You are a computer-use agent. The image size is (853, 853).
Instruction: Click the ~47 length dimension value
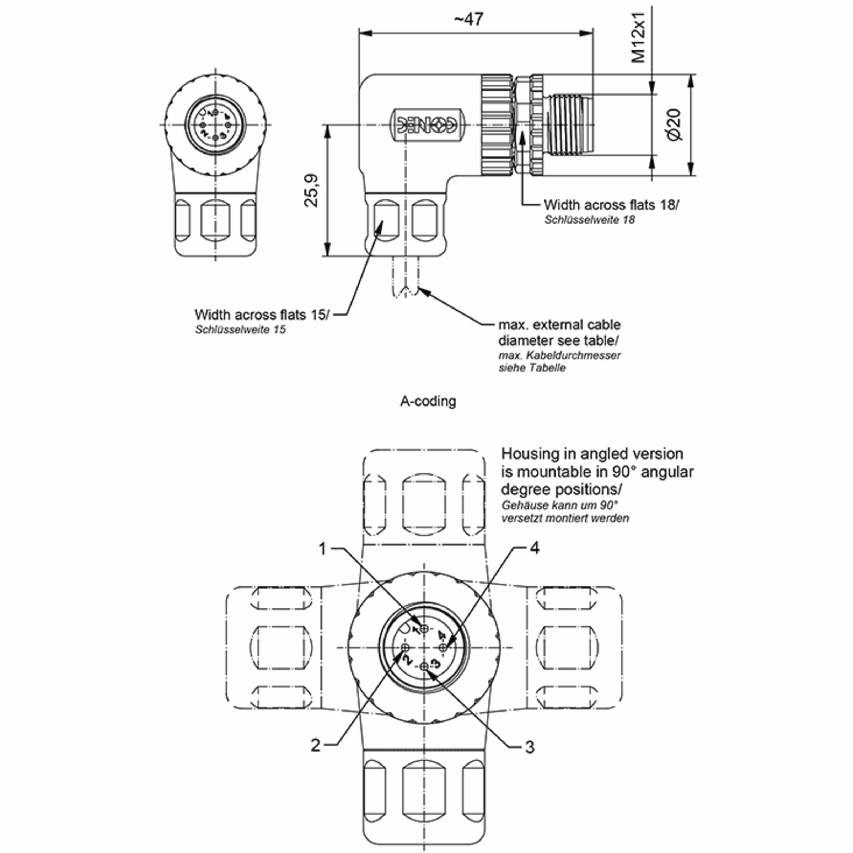pyautogui.click(x=468, y=20)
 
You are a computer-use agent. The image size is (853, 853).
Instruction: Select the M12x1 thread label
pyautogui.click(x=638, y=38)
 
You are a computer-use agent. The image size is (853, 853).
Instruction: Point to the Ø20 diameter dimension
pyautogui.click(x=674, y=125)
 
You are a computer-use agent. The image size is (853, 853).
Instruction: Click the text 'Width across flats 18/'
pyautogui.click(x=611, y=205)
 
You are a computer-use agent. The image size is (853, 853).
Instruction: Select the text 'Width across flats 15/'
pyautogui.click(x=262, y=315)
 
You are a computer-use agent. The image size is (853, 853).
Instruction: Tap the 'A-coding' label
pyautogui.click(x=428, y=401)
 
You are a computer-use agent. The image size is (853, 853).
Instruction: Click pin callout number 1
pyautogui.click(x=322, y=549)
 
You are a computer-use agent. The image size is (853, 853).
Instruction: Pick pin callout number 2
pyautogui.click(x=315, y=745)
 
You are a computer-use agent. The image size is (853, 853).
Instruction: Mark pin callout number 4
pyautogui.click(x=535, y=548)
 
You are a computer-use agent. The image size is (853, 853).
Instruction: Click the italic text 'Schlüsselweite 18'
pyautogui.click(x=589, y=220)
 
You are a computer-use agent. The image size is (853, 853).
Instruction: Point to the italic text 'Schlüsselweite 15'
pyautogui.click(x=240, y=330)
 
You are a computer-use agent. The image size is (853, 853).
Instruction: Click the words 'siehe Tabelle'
pyautogui.click(x=532, y=368)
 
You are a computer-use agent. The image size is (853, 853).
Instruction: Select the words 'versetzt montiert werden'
pyautogui.click(x=565, y=518)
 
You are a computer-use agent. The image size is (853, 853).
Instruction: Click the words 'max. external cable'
pyautogui.click(x=559, y=325)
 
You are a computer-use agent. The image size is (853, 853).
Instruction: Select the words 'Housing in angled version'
pyautogui.click(x=592, y=454)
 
